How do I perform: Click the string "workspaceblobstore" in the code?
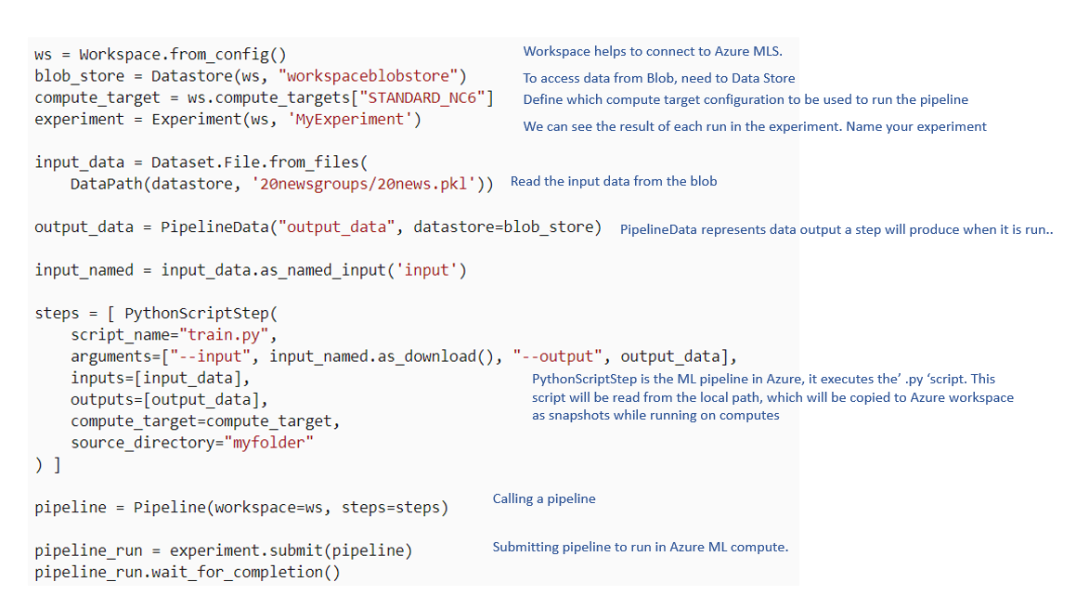click(368, 76)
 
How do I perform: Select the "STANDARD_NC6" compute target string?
click(421, 97)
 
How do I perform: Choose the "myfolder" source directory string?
click(269, 442)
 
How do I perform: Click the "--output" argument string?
click(557, 356)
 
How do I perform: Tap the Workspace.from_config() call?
click(183, 54)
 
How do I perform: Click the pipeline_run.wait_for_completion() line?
click(188, 572)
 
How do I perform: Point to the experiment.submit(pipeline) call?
click(291, 550)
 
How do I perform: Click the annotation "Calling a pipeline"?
click(544, 498)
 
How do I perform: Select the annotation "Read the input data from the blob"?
click(614, 181)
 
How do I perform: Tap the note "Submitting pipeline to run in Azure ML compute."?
click(641, 547)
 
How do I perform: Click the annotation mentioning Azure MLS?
click(653, 51)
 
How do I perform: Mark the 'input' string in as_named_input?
click(426, 270)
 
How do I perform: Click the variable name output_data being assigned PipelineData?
click(84, 227)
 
